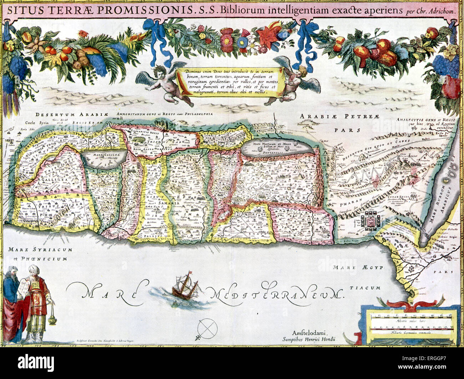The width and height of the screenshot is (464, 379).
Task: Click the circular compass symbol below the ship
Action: coord(207,327)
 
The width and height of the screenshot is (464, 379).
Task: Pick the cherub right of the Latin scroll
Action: coord(296,82)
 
